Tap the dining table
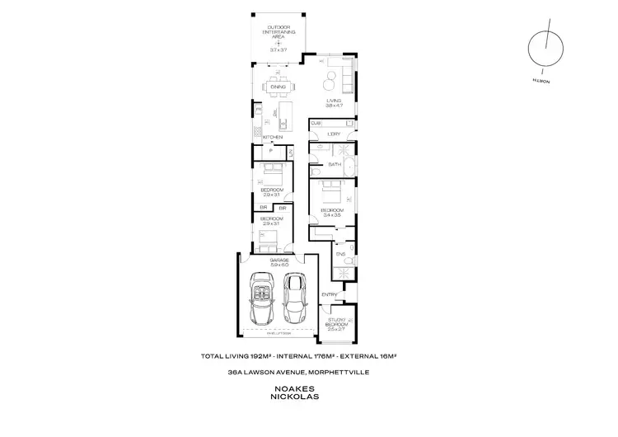(277, 86)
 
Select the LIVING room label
(333, 101)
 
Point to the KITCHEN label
(273, 137)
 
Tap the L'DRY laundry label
(334, 134)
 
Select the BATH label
(335, 164)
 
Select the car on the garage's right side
(294, 298)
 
